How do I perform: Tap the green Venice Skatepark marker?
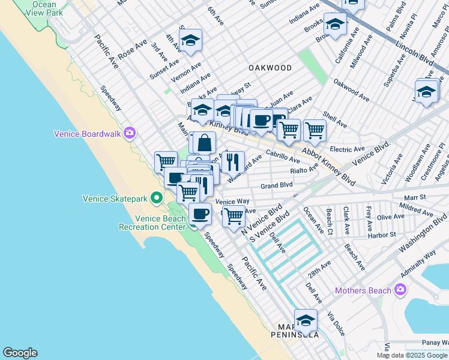point(157,197)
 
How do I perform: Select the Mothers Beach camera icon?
point(401,291)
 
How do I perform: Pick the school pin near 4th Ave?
point(191,41)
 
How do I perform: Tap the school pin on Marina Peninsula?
point(306,321)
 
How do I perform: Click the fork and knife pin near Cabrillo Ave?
point(233,161)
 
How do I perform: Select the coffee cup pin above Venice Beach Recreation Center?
point(200,214)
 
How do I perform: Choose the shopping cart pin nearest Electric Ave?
point(314,129)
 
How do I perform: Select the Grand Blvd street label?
point(276,186)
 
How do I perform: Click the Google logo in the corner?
point(20,353)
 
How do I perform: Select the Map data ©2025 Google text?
point(412,355)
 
